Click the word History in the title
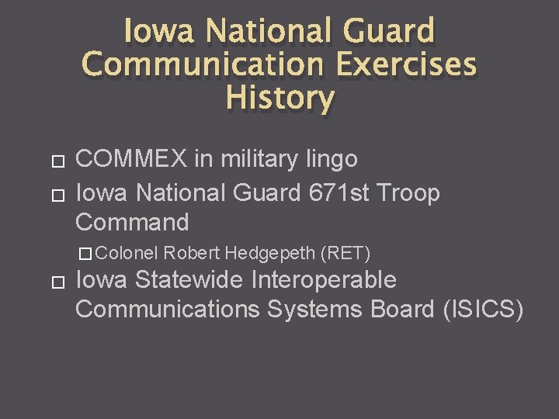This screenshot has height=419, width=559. coord(279,98)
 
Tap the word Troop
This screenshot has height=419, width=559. coord(408,192)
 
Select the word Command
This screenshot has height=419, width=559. coord(132,222)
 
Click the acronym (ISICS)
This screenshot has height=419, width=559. coord(482,309)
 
